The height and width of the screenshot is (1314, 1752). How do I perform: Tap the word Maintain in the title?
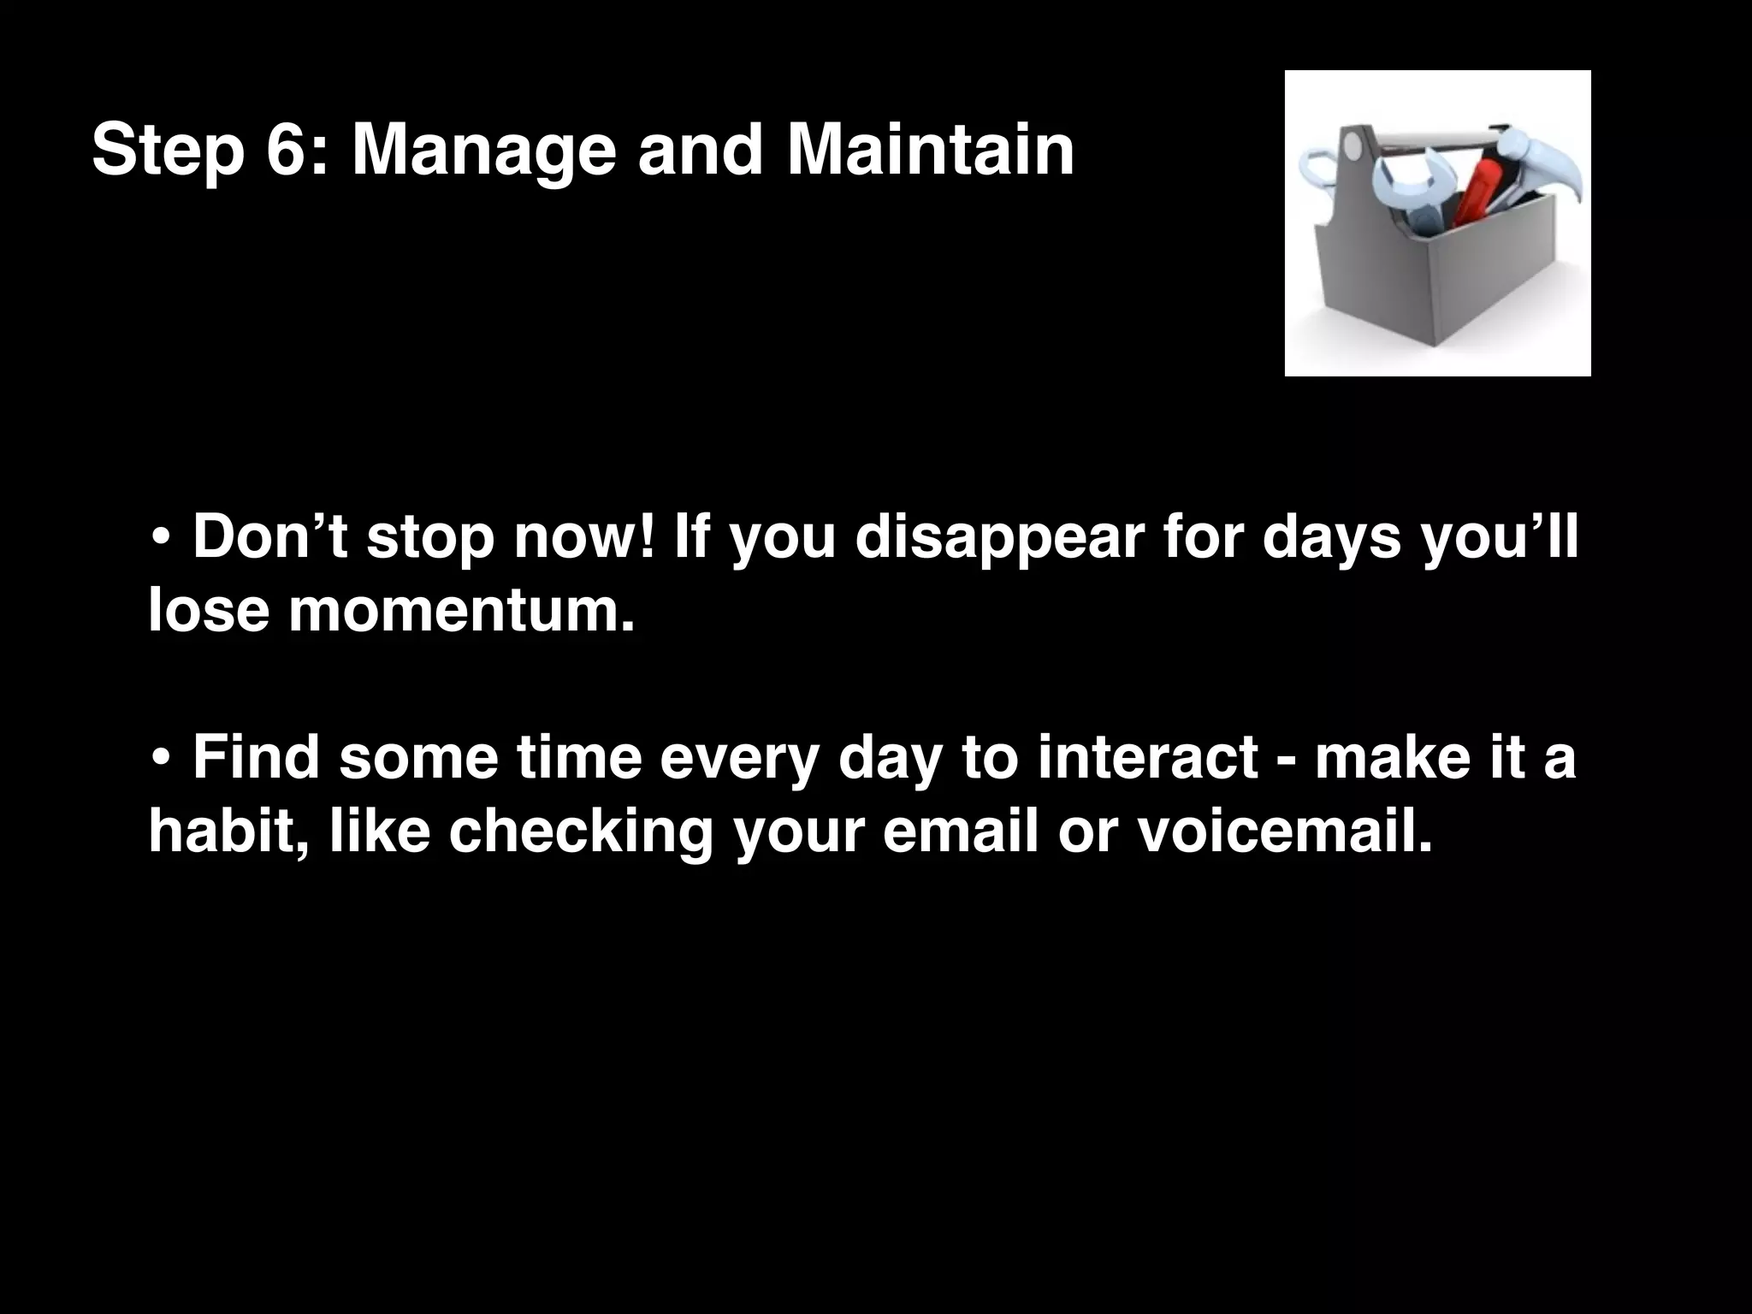[930, 150]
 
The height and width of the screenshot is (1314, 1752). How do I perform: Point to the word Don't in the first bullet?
[269, 536]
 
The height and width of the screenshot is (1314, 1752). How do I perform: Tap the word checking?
[581, 833]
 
